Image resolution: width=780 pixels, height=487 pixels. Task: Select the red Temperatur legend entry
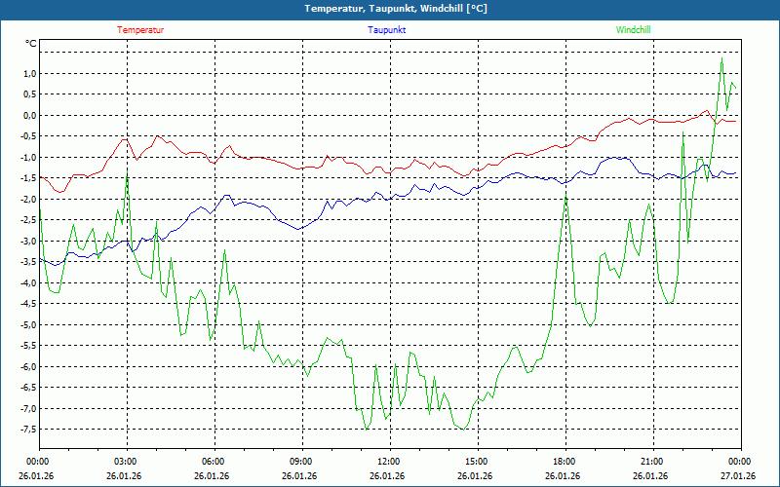(140, 30)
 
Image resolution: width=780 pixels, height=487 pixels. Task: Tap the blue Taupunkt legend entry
(387, 30)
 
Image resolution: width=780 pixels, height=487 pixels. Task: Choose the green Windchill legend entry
(633, 30)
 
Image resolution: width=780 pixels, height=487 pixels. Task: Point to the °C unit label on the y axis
(31, 44)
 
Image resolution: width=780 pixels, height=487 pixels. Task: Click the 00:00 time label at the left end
(38, 462)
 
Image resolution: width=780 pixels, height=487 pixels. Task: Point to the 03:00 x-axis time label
(126, 462)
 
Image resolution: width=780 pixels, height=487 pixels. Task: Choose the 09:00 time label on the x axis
(300, 462)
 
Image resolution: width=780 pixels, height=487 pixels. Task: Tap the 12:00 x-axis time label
(388, 462)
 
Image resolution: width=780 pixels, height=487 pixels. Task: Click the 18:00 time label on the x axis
(564, 462)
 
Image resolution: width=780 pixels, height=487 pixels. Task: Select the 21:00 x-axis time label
(651, 462)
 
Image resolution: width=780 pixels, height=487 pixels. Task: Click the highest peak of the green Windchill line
(721, 58)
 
